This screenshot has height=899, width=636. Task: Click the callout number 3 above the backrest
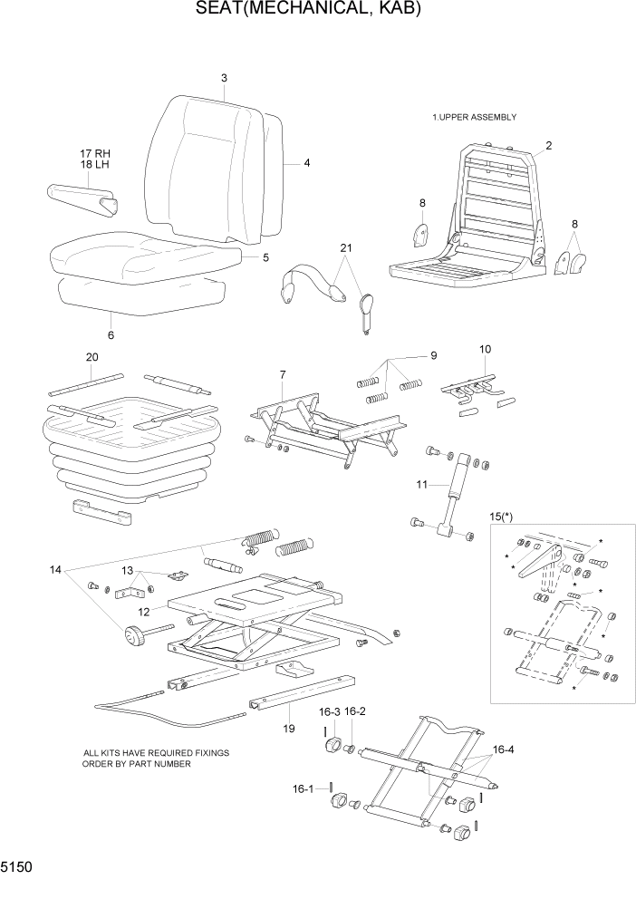224,78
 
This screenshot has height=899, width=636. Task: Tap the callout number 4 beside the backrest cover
307,163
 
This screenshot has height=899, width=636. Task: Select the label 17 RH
94,153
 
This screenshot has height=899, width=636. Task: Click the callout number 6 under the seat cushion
111,334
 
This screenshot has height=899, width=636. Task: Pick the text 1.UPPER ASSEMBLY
474,117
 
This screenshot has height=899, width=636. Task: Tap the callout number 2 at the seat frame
549,145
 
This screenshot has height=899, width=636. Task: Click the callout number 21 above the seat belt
345,248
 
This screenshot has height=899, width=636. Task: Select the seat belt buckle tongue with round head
367,308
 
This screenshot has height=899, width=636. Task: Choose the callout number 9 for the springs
433,354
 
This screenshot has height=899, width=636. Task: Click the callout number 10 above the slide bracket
485,349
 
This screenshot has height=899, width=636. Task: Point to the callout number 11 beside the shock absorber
421,485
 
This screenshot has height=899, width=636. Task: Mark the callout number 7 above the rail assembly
283,374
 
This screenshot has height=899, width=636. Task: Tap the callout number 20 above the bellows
92,357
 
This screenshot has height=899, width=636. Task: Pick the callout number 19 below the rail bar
288,728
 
